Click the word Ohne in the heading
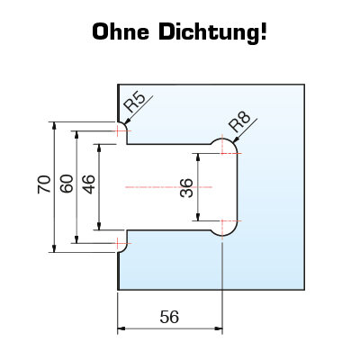tap(121, 31)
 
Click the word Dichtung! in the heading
tap(212, 32)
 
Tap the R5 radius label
tap(135, 102)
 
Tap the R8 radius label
tap(239, 121)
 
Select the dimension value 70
tap(44, 184)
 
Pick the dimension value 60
tap(67, 184)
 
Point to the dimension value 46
tap(89, 184)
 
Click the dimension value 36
tap(186, 187)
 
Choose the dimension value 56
tap(169, 317)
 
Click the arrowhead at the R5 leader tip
tap(127, 121)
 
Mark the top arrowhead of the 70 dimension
tap(54, 126)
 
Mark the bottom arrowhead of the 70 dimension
tap(54, 248)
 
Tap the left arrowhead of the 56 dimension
tap(121, 328)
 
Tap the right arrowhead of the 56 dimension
tap(219, 328)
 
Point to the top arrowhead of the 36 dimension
tap(198, 157)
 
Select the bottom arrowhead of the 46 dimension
tap(99, 226)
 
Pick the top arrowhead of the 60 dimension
tap(76, 135)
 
